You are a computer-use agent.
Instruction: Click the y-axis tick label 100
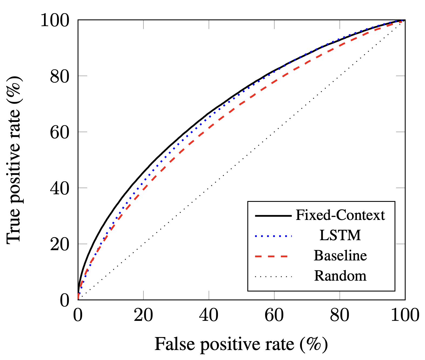click(x=55, y=21)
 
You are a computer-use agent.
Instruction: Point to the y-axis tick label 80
click(x=60, y=77)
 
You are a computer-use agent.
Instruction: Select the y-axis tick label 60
click(x=60, y=133)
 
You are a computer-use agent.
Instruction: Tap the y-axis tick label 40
click(x=60, y=189)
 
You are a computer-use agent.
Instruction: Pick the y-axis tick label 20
click(x=60, y=245)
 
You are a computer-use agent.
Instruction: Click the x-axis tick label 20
click(x=143, y=315)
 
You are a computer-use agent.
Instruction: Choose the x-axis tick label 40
click(x=209, y=315)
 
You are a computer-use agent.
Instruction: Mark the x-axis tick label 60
click(x=274, y=315)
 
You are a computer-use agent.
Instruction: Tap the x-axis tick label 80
click(x=340, y=315)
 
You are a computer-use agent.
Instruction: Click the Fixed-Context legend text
click(x=340, y=215)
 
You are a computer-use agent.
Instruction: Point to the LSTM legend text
click(x=340, y=235)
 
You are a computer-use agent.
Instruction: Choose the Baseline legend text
click(x=340, y=256)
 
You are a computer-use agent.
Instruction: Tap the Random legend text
click(x=340, y=276)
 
